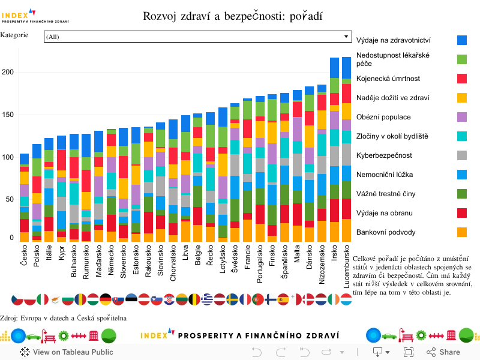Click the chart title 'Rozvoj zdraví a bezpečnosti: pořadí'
pos(233,16)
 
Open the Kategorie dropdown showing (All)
pos(197,37)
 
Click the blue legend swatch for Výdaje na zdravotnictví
pos(462,40)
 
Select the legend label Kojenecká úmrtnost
pos(388,79)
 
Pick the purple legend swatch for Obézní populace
pos(462,117)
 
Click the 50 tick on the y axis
pos(10,199)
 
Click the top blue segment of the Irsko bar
pos(335,70)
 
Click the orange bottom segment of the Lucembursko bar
pos(346,230)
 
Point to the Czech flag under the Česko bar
pos(17,299)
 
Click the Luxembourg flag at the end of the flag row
pos(346,299)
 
